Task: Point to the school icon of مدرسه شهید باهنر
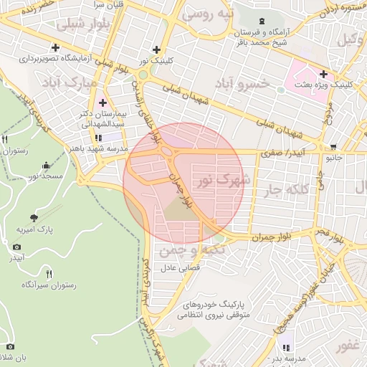(x=98, y=137)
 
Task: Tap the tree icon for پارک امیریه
(x=34, y=217)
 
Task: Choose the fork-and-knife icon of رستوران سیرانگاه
(x=49, y=273)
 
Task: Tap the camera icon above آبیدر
(x=16, y=247)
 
